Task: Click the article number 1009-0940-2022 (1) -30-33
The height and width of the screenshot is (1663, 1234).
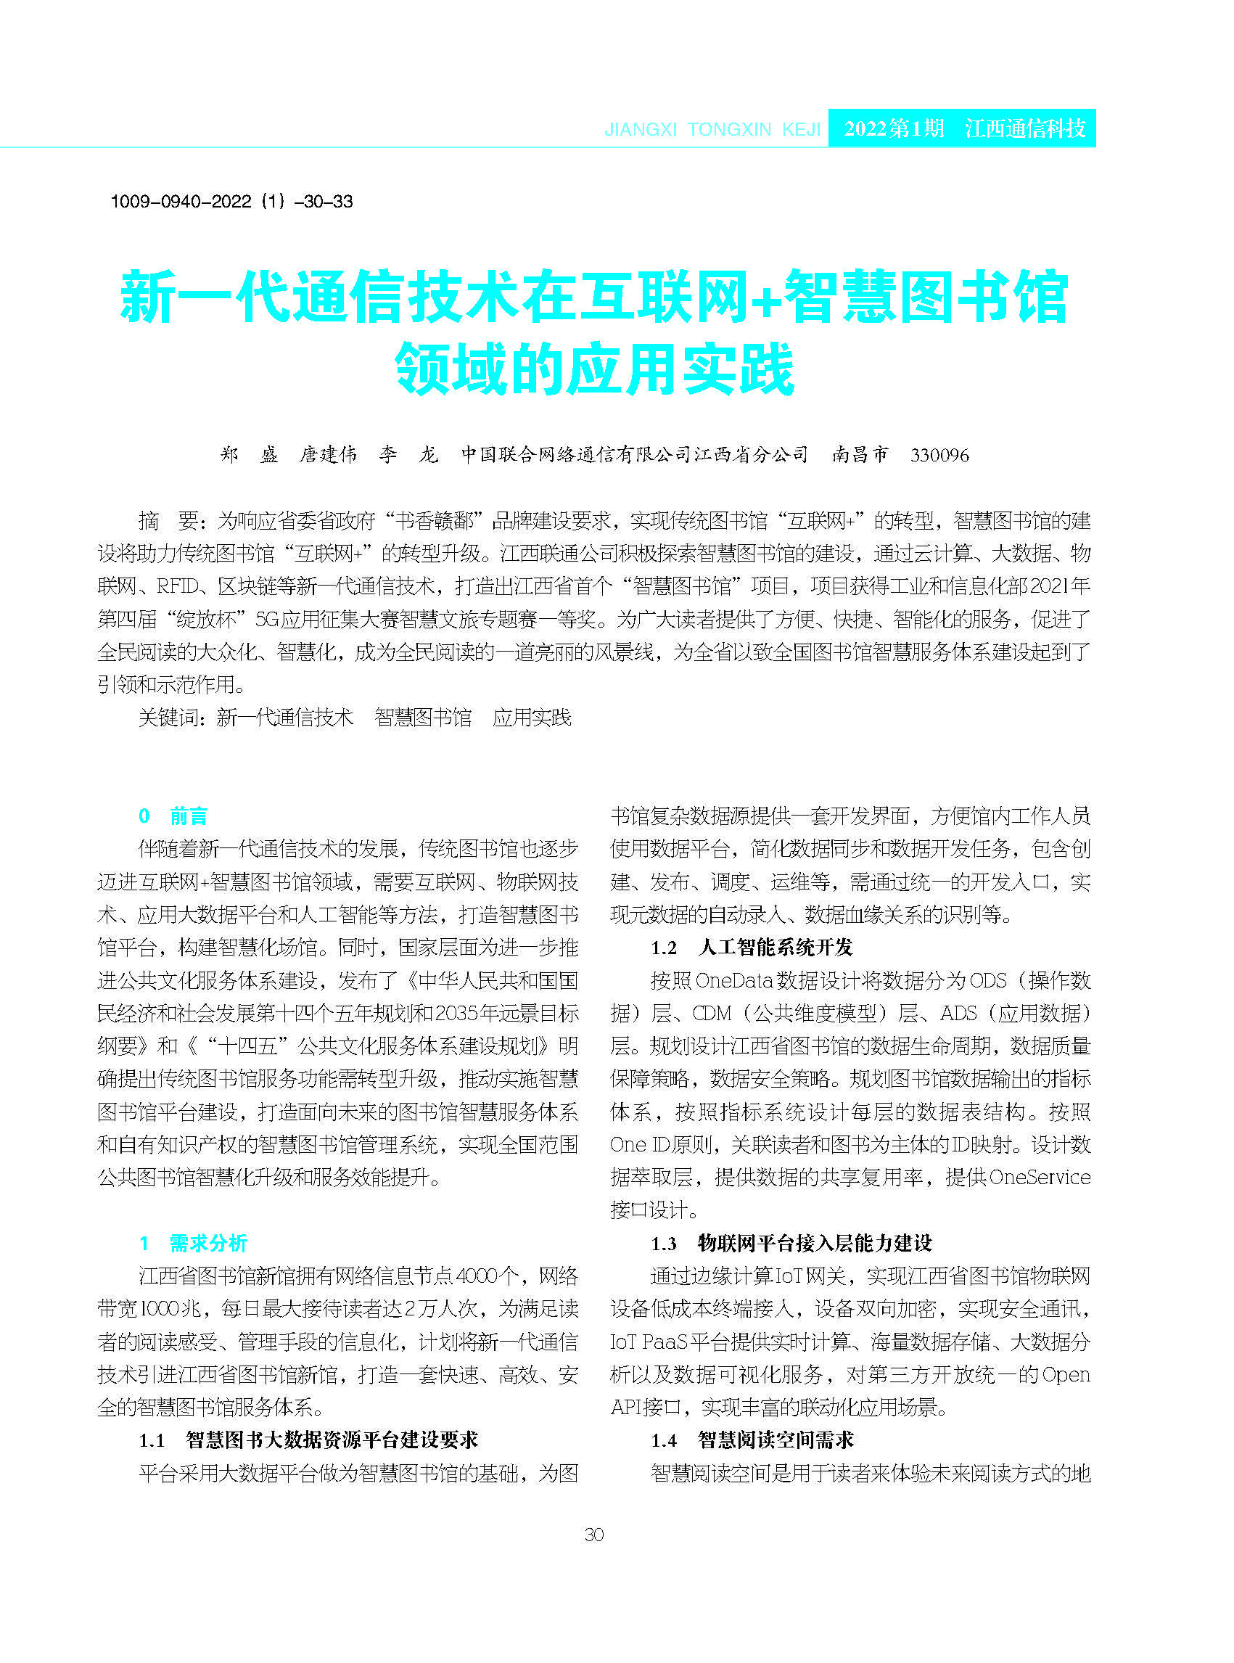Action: (x=231, y=201)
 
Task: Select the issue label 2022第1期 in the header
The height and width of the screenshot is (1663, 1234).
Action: (x=893, y=128)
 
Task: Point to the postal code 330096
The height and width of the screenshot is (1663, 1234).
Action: (x=939, y=455)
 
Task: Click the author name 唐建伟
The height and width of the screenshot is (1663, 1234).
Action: (x=328, y=454)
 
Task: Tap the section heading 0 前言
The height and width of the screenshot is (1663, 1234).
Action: (x=173, y=816)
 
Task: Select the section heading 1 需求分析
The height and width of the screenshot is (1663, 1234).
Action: (x=193, y=1243)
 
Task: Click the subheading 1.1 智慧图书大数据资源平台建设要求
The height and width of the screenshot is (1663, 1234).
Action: (x=308, y=1440)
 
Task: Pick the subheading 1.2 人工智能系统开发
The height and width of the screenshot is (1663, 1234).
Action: (x=752, y=948)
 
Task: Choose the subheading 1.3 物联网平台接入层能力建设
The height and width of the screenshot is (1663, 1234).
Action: (x=791, y=1243)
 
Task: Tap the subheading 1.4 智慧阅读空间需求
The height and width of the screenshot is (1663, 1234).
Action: (x=752, y=1440)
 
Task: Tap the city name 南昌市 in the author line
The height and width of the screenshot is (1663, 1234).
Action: (x=860, y=454)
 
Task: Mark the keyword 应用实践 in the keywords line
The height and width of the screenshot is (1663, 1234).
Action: (x=532, y=718)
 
